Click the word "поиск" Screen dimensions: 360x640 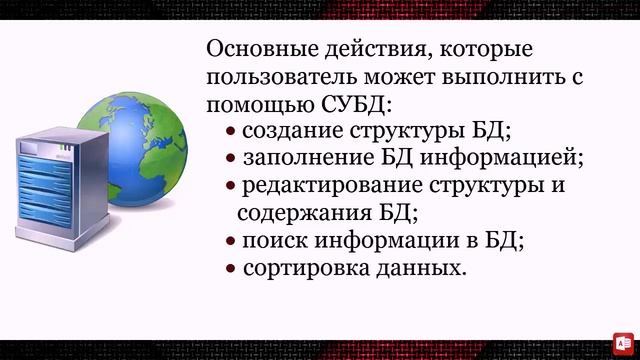coord(268,241)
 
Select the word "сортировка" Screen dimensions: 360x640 coord(298,268)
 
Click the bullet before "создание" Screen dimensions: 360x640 coord(231,132)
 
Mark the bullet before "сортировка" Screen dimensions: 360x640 coord(231,269)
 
